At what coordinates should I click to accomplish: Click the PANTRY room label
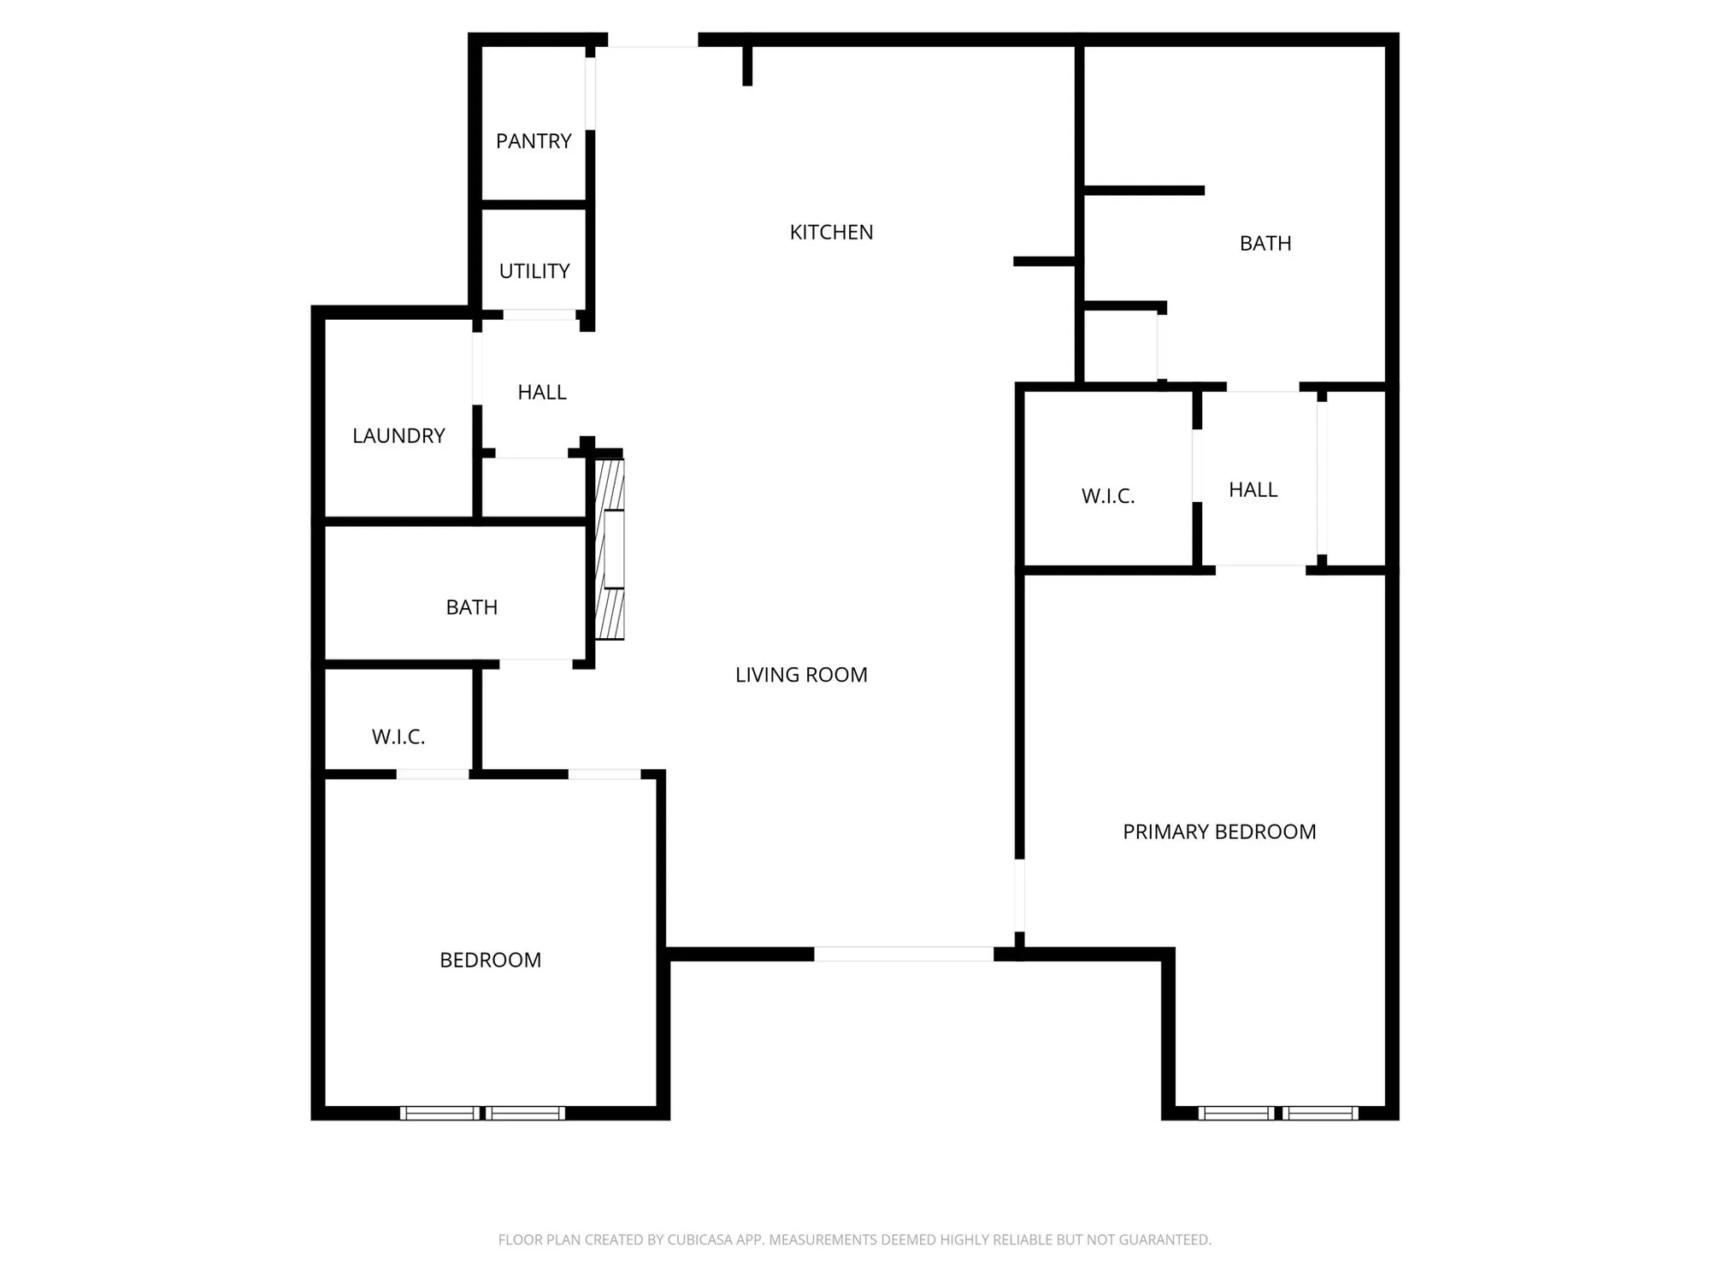click(534, 141)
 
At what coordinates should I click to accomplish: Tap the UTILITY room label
click(534, 271)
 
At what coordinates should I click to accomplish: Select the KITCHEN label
click(831, 233)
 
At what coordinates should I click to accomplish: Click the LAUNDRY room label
click(398, 436)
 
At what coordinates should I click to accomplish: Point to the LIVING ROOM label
click(801, 675)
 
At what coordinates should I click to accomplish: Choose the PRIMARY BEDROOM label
click(1219, 832)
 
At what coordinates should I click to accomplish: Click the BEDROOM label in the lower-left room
click(490, 961)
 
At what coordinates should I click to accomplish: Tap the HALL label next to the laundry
click(542, 393)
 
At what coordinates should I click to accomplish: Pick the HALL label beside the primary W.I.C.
click(1253, 490)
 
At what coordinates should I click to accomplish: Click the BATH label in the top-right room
click(1265, 244)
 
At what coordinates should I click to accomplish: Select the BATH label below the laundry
click(471, 607)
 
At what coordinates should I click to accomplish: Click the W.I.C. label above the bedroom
click(398, 737)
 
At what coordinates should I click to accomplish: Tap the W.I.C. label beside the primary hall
click(1108, 496)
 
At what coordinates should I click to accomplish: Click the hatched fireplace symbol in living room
click(610, 549)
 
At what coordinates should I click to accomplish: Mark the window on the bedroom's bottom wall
click(482, 1113)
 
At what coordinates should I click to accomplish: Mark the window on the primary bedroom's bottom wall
click(1278, 1113)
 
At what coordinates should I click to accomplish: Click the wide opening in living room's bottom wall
click(903, 954)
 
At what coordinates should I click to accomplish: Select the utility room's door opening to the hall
click(540, 315)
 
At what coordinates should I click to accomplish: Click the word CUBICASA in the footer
click(699, 1239)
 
